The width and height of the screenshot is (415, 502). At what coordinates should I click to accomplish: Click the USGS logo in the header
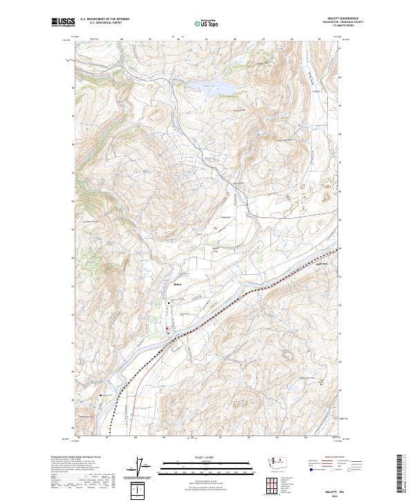tap(64, 24)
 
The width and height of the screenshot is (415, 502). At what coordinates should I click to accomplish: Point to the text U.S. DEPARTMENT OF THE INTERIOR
tap(104, 19)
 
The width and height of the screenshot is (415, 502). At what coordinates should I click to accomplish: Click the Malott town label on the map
tap(177, 284)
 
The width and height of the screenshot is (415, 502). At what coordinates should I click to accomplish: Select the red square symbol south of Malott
tap(167, 329)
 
